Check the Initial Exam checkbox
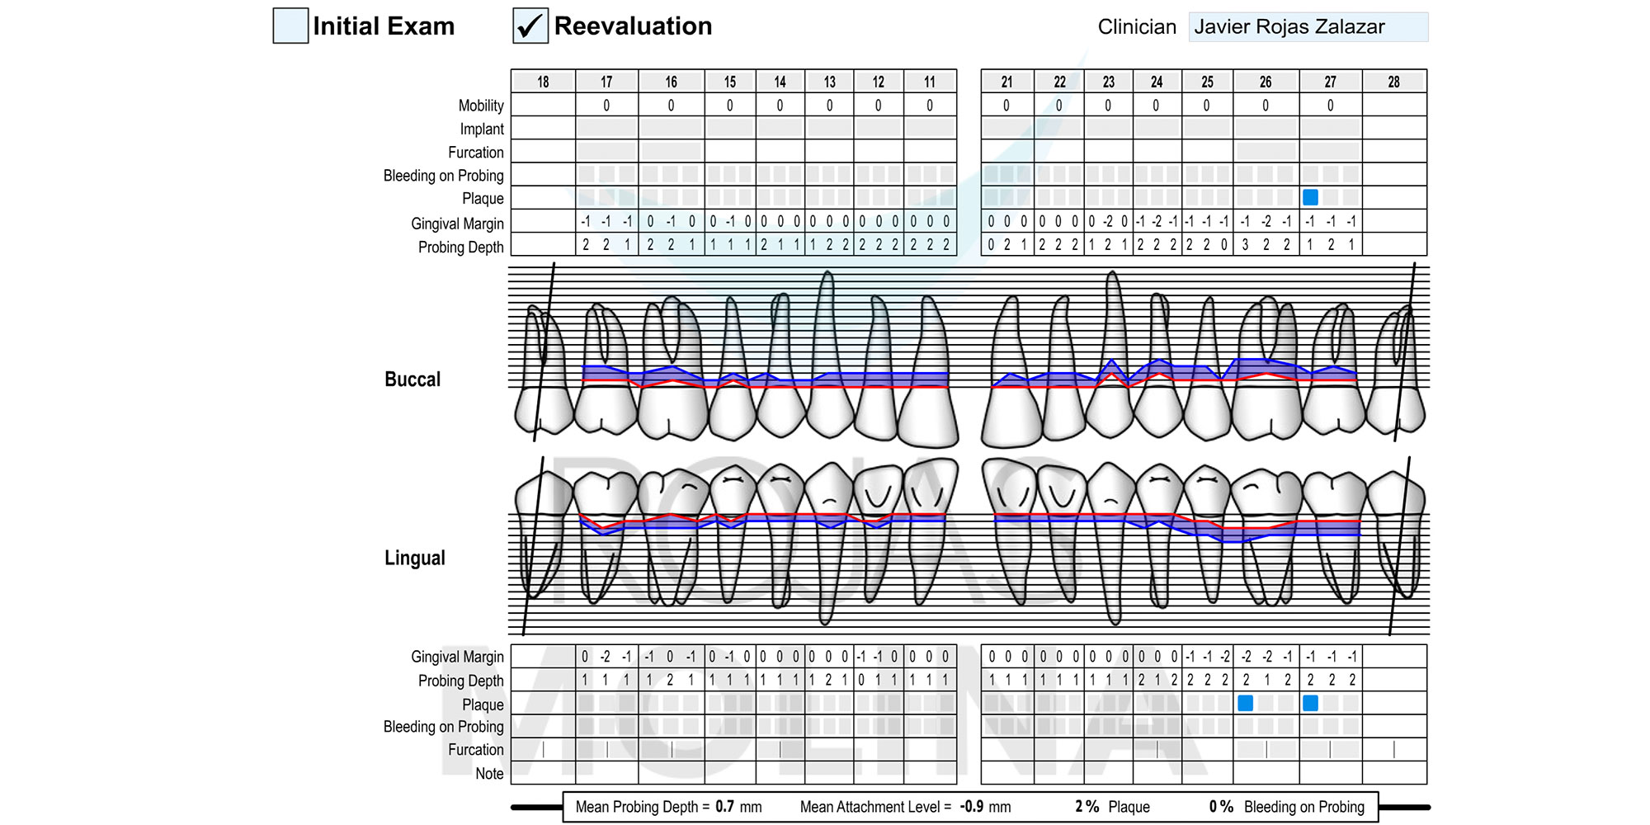(x=290, y=26)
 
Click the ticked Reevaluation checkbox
(x=530, y=26)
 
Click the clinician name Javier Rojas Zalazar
(x=1289, y=27)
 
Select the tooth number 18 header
(x=543, y=82)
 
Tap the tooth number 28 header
(x=1393, y=82)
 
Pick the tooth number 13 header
(x=829, y=82)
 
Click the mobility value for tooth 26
(x=1266, y=106)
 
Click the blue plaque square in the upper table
(x=1310, y=197)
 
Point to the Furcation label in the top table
(x=476, y=153)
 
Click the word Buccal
(x=412, y=379)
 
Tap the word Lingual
(x=415, y=559)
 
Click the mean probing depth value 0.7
(x=724, y=807)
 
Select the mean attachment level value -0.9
(x=973, y=807)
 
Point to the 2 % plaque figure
(x=1087, y=807)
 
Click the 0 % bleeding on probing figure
(x=1221, y=807)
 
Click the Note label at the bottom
(x=489, y=774)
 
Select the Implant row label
(x=482, y=130)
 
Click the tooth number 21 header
(x=1006, y=82)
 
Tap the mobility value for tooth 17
(x=606, y=106)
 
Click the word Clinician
(x=1137, y=27)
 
